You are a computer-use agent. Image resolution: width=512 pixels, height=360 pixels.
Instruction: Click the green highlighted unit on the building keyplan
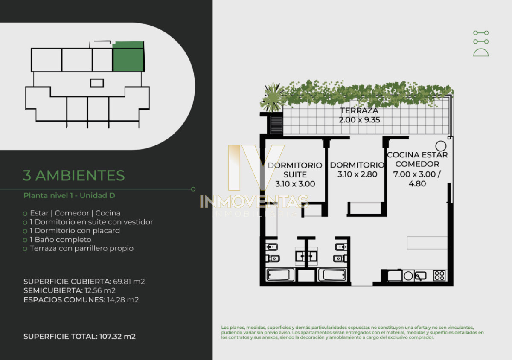coord(128,56)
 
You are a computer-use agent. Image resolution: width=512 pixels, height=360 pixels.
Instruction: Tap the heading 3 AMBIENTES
coord(74,175)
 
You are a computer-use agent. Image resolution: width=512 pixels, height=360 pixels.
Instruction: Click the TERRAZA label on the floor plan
coord(359,111)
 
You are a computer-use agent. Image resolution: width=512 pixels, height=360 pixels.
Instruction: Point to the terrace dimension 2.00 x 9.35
coord(359,120)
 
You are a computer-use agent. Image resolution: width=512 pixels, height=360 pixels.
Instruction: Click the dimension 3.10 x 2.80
coord(357,174)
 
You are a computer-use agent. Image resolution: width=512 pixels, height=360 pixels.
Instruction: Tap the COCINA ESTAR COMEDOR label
coord(417,160)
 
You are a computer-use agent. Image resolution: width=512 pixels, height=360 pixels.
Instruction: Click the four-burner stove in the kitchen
coord(439,276)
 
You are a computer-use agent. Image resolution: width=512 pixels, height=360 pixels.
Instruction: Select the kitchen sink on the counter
coord(421,276)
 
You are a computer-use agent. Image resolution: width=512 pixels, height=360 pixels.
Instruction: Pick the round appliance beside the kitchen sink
coord(408,276)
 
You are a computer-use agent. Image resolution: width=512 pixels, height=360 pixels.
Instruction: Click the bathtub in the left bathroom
coord(280,275)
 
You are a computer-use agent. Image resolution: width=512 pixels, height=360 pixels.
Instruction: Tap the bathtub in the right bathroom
coord(332,275)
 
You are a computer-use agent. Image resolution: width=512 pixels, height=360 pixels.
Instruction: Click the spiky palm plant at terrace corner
coord(272,98)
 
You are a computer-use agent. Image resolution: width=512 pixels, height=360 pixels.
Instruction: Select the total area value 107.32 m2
coord(117,336)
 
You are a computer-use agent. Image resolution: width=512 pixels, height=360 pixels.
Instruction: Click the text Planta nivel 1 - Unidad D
coord(70,196)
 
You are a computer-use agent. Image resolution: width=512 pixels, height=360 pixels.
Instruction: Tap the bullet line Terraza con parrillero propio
coord(81,248)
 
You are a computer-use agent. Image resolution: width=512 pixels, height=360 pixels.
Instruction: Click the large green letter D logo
coord(481,52)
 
